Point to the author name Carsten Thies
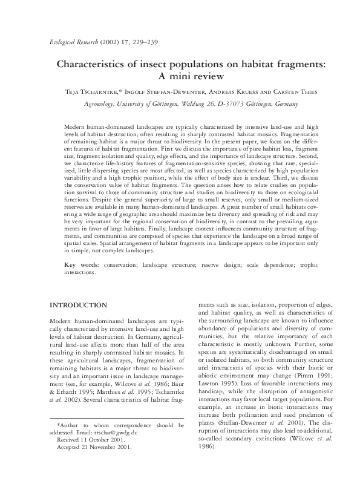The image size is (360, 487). pos(285,91)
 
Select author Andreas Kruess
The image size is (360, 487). pos(221,91)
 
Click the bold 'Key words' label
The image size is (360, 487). pos(80,266)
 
